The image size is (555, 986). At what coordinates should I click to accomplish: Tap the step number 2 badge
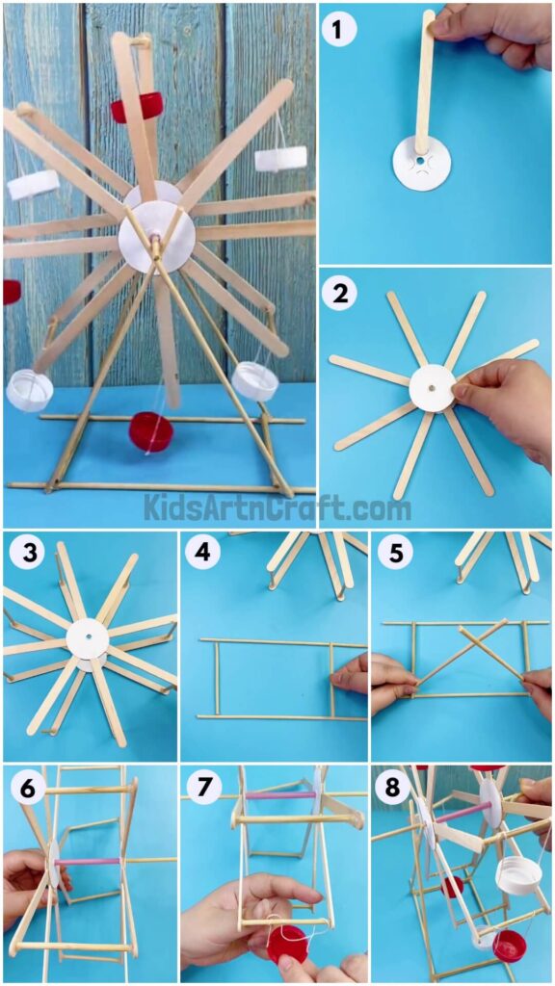coord(339,293)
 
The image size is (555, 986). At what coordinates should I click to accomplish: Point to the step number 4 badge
coord(202,553)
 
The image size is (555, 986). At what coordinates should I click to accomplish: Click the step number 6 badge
coord(24,787)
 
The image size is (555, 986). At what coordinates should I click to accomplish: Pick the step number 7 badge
coord(202,787)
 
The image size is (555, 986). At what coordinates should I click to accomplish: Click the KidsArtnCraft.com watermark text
coord(277,506)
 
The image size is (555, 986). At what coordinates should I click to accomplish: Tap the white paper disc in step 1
coord(421,163)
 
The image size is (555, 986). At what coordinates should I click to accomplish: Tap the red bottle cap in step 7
coord(287,943)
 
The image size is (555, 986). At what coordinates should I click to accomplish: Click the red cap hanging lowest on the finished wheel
coord(151,430)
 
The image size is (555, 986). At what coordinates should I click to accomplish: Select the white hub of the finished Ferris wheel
coord(156,236)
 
